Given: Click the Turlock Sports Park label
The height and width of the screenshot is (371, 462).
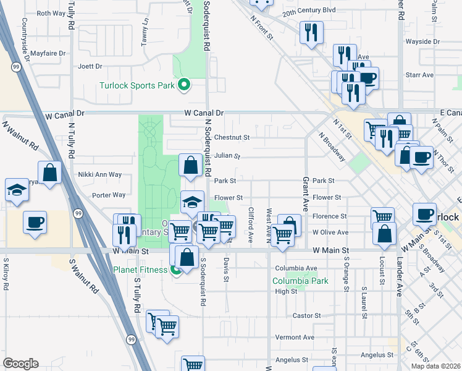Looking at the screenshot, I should (137, 85).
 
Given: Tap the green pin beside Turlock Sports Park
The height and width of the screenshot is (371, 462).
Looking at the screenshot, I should (183, 85).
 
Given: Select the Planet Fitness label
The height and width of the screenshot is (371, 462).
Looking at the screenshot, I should (140, 270).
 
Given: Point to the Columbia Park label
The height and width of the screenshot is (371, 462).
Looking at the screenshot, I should (301, 280).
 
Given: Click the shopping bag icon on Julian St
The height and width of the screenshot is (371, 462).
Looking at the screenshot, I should (190, 165).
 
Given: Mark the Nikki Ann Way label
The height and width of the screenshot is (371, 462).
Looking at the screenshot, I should (99, 174).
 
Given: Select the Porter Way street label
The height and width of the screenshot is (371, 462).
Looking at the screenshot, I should (109, 195).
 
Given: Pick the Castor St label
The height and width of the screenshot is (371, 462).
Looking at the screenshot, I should (306, 315).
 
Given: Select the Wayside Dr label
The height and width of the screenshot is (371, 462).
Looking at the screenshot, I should (422, 41).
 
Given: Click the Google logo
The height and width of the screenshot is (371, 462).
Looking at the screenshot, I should (20, 364).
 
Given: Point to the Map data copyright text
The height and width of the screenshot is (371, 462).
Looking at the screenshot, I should (435, 366).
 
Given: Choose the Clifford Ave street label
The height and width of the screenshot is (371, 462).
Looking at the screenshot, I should (251, 224).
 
